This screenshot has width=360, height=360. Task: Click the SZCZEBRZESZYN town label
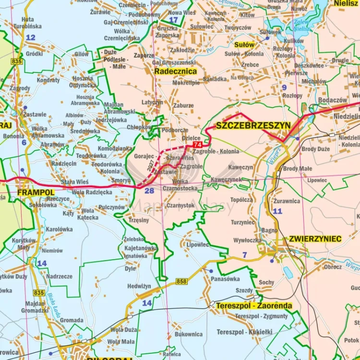(253, 126)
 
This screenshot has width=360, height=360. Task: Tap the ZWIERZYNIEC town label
(315, 239)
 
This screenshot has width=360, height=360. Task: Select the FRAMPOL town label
(35, 192)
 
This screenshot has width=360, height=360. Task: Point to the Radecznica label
(175, 71)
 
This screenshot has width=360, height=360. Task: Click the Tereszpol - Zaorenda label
(253, 306)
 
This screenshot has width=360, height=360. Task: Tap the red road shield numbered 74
(197, 144)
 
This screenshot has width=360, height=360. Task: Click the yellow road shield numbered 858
(181, 281)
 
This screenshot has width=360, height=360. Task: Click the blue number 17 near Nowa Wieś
(173, 20)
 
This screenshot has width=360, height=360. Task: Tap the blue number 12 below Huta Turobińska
(31, 37)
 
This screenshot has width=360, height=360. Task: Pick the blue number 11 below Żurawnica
(277, 211)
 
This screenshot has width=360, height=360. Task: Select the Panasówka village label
(225, 279)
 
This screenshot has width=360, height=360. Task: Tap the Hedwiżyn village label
(139, 287)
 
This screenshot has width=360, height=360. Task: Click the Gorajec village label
(144, 157)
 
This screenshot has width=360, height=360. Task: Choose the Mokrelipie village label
(186, 83)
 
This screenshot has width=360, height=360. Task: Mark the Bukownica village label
(189, 334)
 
